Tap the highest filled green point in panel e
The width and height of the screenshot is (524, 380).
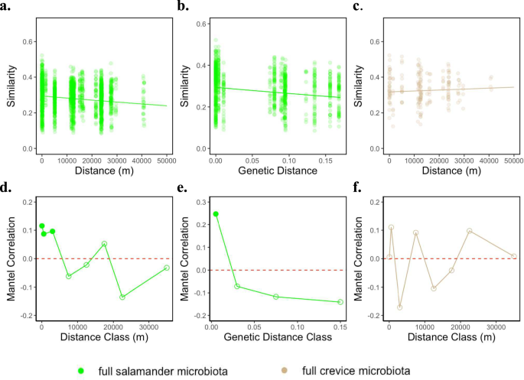point(216,214)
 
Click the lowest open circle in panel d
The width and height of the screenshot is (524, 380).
point(122,297)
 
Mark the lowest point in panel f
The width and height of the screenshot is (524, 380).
point(399,307)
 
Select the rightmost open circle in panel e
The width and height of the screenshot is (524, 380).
point(340,302)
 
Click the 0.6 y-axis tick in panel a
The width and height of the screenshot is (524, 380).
point(28,38)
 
